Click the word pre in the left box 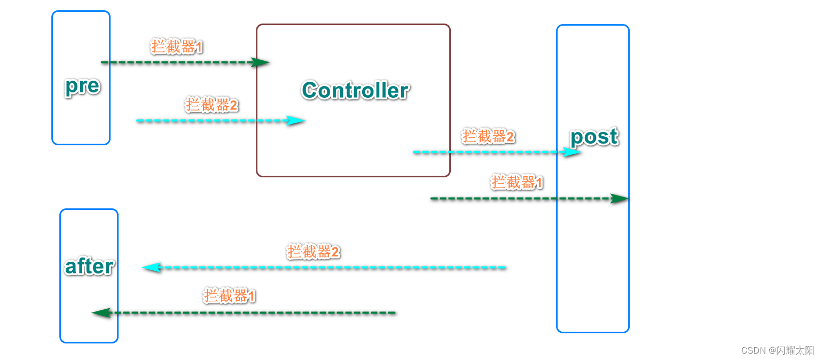point(82,85)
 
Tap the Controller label point(355,90)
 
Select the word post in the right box point(594,137)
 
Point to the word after point(89,266)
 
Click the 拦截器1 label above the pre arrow point(177,47)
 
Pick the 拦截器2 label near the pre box point(212,105)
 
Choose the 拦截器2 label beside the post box point(488,137)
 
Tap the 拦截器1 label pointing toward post point(517,183)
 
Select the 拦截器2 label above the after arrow point(313,252)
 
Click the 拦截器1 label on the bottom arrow point(229,296)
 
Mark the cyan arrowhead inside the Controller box point(295,121)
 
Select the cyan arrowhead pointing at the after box point(152,267)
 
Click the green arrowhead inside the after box point(101,312)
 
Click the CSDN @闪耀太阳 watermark point(777,350)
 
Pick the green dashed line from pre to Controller point(176,62)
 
